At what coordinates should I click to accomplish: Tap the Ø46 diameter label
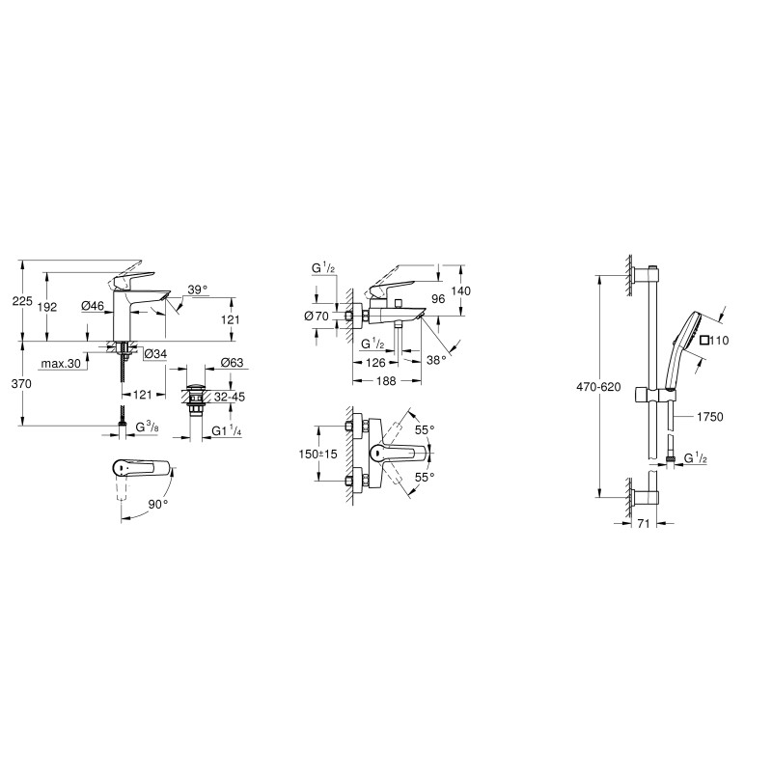pos(94,307)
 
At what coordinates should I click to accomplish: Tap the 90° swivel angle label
pos(157,504)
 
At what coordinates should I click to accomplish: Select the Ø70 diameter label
pos(317,316)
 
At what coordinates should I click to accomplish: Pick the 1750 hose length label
pos(708,417)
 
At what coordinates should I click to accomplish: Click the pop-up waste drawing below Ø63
pos(197,398)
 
